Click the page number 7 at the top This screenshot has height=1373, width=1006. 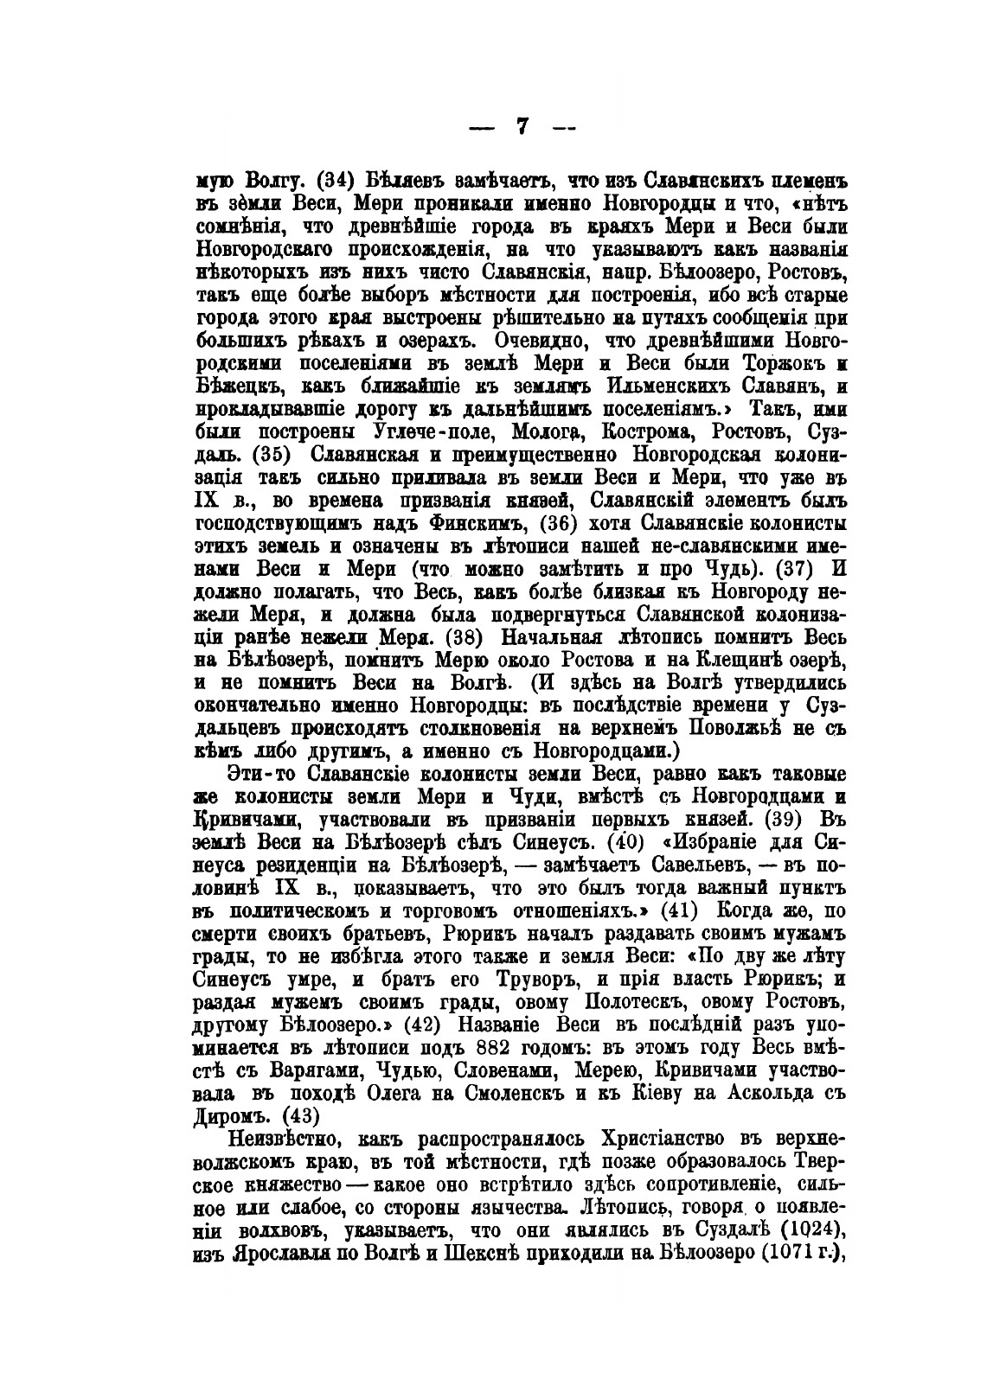coord(522,127)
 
